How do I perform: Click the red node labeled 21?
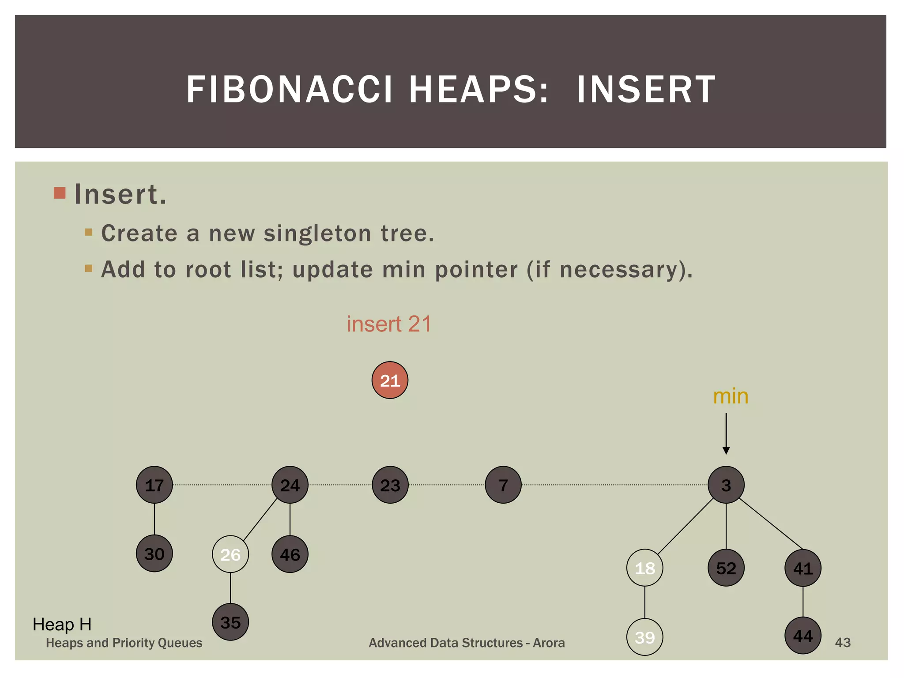point(390,380)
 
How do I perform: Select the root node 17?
point(154,485)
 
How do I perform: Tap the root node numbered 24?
point(290,485)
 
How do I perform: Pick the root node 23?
point(390,485)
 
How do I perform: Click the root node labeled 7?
point(503,485)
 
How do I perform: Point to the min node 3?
point(726,485)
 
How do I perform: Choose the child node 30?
point(154,554)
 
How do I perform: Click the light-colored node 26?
point(230,554)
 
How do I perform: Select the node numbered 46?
point(290,554)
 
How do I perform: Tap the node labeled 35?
point(230,622)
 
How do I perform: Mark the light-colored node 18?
point(644,568)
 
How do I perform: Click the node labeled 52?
point(726,568)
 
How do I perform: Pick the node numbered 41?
point(802,568)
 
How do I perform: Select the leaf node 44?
point(802,636)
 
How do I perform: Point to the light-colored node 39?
point(644,637)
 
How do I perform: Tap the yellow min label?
point(731,396)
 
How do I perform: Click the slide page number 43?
point(842,643)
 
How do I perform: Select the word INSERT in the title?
point(646,90)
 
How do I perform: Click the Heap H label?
point(62,625)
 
